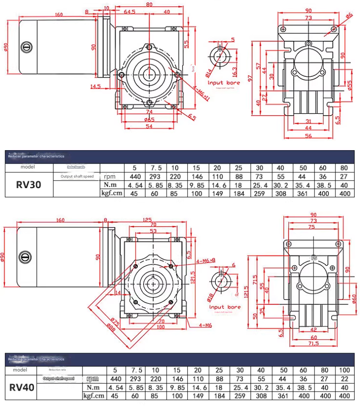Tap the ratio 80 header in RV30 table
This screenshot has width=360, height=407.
pyautogui.click(x=344, y=168)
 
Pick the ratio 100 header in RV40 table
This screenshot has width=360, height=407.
pyautogui.click(x=344, y=370)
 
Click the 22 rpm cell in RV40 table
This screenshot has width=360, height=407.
pyautogui.click(x=344, y=379)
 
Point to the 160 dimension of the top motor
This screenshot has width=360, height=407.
pyautogui.click(x=59, y=14)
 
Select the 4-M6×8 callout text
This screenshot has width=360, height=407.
pyautogui.click(x=205, y=261)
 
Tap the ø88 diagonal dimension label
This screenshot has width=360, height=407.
pyautogui.click(x=111, y=327)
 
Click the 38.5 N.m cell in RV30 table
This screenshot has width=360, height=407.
pyautogui.click(x=323, y=185)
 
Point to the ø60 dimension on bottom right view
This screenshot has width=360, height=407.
pyautogui.click(x=354, y=299)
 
